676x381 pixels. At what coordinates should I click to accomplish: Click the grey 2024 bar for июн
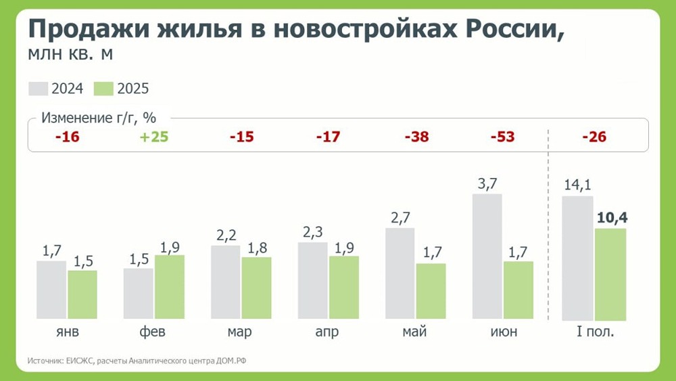tap(487, 256)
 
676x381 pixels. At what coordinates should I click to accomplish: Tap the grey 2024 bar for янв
tap(51, 290)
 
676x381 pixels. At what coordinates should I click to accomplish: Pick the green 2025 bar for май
tap(431, 291)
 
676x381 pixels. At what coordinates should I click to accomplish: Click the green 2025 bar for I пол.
tap(610, 274)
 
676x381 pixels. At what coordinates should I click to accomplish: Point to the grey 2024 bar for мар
tap(226, 282)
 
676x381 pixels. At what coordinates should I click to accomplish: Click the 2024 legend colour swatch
tap(39, 89)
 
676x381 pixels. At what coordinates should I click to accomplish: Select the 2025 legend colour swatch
tap(103, 89)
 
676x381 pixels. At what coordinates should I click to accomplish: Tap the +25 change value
tap(154, 137)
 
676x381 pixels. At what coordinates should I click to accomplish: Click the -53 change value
tap(502, 137)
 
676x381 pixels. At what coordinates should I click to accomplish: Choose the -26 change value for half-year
tap(594, 137)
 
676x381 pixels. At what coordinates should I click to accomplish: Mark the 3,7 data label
tap(487, 184)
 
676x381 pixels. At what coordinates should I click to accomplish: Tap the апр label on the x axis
tap(327, 333)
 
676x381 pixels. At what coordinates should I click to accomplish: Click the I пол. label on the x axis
tap(594, 333)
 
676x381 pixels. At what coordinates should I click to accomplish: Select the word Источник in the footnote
tap(45, 361)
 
